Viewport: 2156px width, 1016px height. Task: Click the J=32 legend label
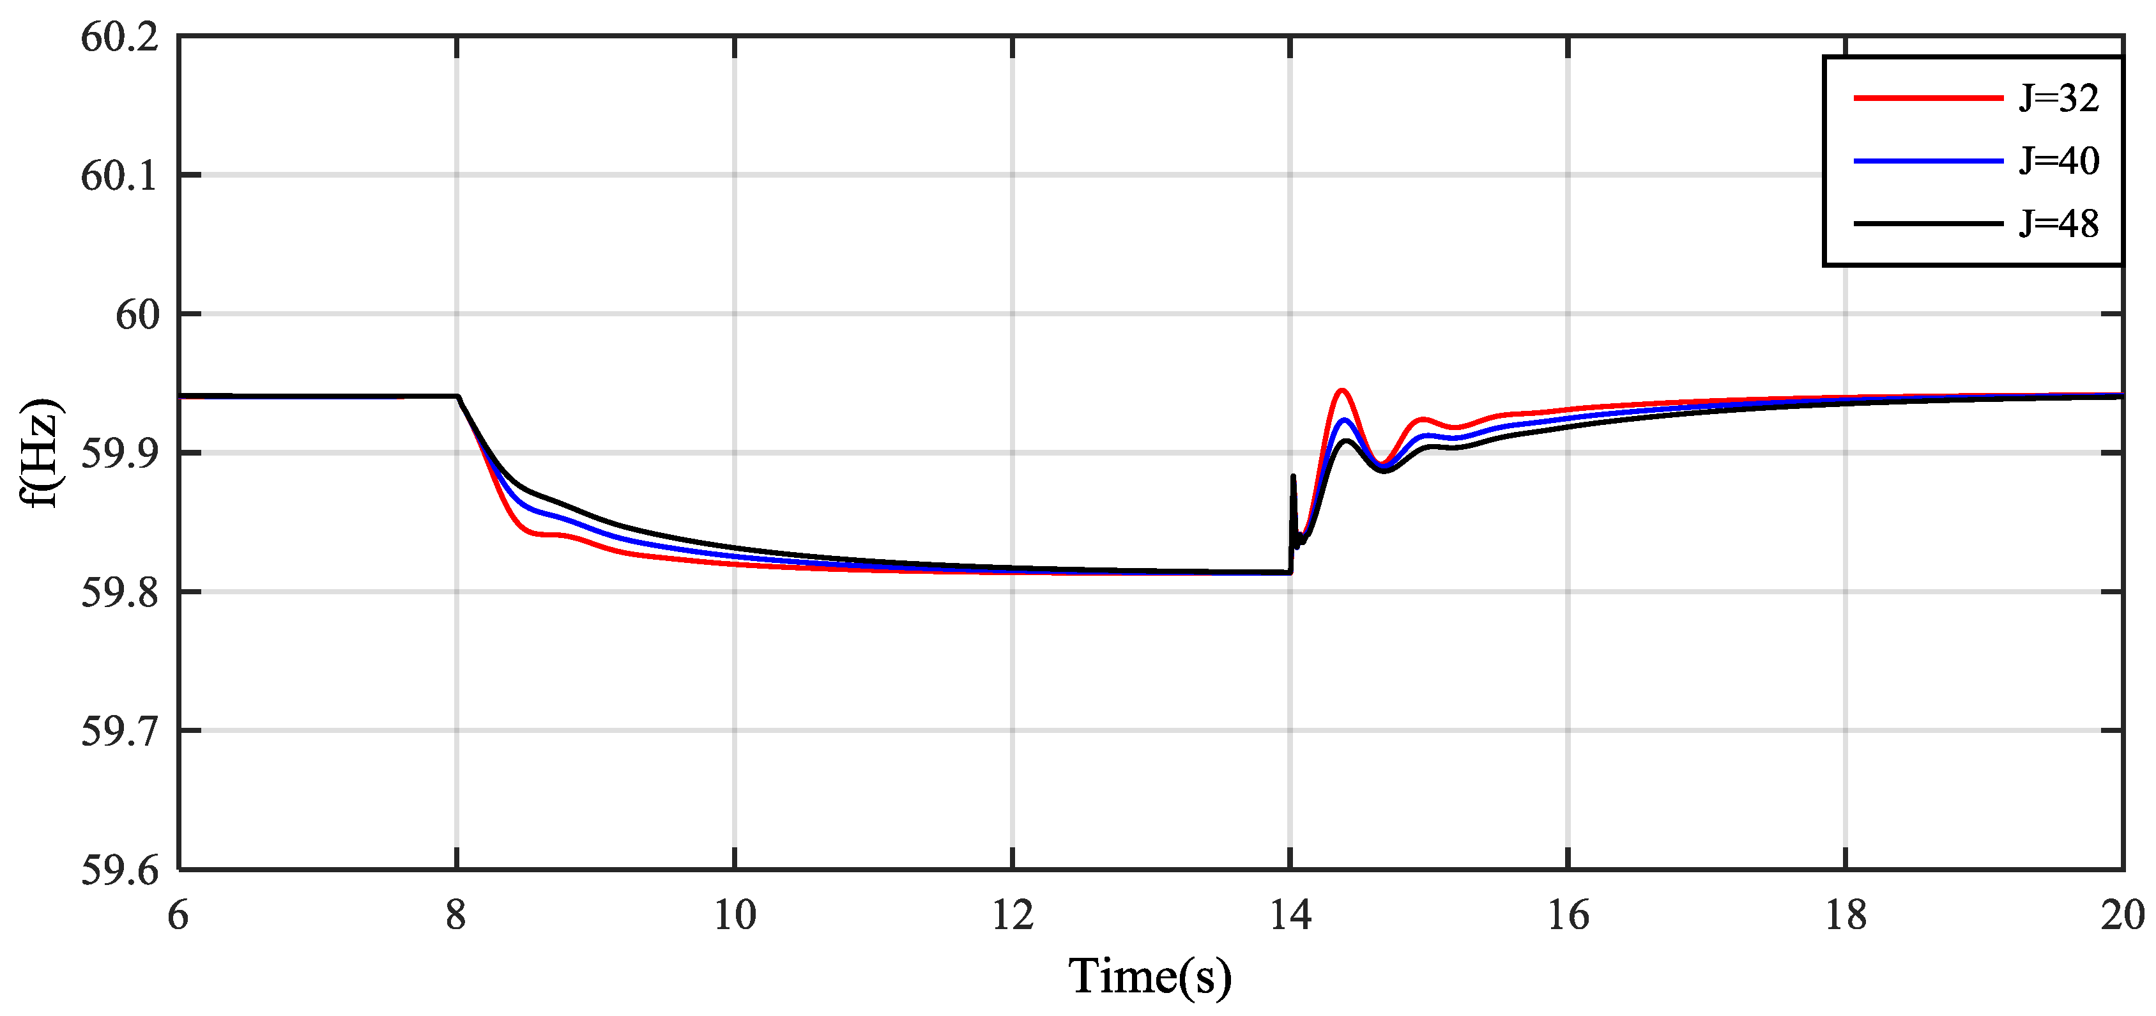click(x=2058, y=99)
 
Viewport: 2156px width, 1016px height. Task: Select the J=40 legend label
click(x=2058, y=160)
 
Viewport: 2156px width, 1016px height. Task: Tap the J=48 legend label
click(x=2058, y=224)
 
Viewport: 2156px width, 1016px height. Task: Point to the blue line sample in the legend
click(x=1927, y=160)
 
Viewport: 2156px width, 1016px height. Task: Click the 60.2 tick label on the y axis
click(x=119, y=38)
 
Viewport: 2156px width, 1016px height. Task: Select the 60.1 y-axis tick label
click(x=119, y=176)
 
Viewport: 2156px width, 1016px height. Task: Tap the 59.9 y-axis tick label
click(x=119, y=454)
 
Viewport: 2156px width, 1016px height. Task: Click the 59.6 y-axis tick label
click(x=119, y=870)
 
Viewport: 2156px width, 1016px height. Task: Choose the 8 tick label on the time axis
click(x=456, y=915)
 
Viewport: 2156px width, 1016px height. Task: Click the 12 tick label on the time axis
click(x=1013, y=915)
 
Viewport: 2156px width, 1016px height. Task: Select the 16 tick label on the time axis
click(x=1568, y=915)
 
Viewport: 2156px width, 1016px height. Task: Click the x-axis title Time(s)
click(x=1150, y=976)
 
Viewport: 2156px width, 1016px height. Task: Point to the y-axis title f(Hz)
click(x=40, y=453)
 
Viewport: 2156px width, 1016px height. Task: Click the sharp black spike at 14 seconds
click(x=1293, y=477)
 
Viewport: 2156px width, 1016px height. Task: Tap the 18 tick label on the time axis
click(x=1846, y=915)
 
